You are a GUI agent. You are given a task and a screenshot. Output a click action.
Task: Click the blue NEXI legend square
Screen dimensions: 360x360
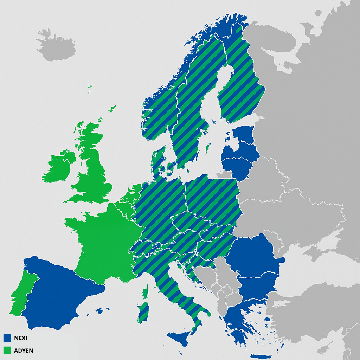click(x=7, y=338)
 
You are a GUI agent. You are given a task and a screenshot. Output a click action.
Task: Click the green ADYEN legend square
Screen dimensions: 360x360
click(x=7, y=350)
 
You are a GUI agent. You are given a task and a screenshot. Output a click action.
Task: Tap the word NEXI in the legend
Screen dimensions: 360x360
click(x=21, y=338)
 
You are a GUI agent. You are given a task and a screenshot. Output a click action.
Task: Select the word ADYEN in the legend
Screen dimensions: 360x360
click(x=24, y=351)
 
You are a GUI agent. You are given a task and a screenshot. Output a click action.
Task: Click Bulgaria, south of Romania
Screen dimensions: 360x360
click(x=257, y=285)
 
